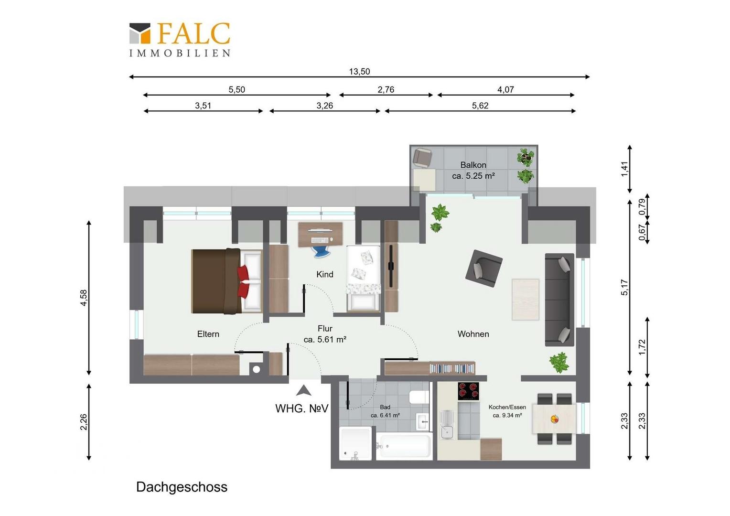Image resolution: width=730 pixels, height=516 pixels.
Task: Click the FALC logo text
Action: [x=194, y=33]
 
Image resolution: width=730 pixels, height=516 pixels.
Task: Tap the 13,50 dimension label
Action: [x=359, y=71]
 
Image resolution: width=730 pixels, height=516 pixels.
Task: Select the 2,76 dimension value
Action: [x=386, y=89]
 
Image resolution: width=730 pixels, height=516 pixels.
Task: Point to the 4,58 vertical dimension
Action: [x=84, y=298]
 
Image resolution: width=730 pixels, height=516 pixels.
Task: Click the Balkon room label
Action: [x=473, y=165]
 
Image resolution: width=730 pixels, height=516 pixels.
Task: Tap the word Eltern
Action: [x=208, y=334]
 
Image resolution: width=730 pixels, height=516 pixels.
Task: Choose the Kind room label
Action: [x=324, y=274]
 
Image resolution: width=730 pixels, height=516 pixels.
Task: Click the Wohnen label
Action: [x=473, y=334]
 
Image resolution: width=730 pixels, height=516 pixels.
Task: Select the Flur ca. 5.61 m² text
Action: [x=325, y=334]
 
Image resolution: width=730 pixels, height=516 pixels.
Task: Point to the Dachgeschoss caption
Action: [x=182, y=487]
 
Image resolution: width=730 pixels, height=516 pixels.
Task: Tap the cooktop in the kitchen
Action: [x=468, y=391]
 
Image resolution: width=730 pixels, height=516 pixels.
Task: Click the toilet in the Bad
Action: [x=419, y=398]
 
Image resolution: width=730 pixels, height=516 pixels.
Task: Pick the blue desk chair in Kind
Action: [x=321, y=252]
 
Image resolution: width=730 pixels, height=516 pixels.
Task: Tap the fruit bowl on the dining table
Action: [x=554, y=419]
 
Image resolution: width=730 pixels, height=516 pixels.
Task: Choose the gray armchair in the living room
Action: [x=484, y=269]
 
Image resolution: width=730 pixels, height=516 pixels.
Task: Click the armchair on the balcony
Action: [x=422, y=158]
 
